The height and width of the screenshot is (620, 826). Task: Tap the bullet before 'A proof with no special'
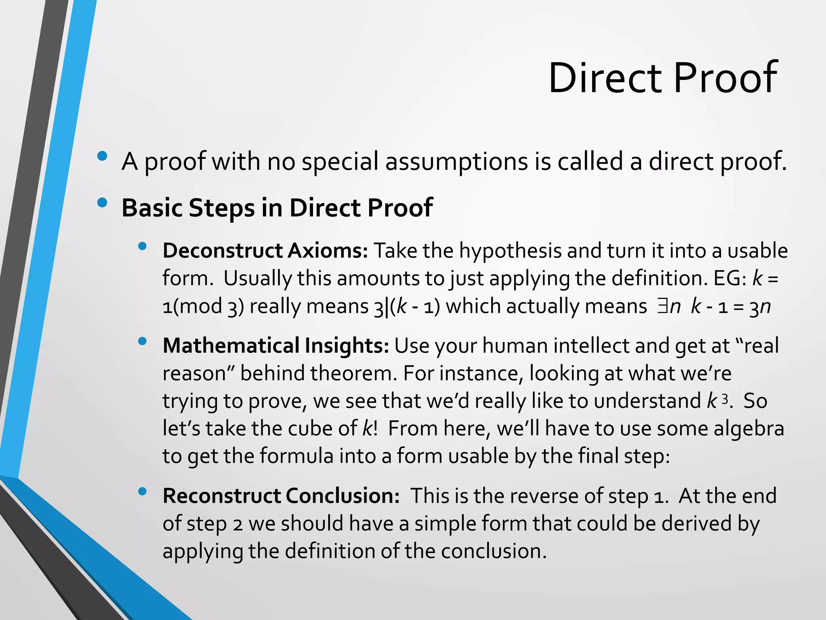click(x=102, y=156)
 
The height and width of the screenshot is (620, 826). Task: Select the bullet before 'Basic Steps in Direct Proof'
click(x=102, y=203)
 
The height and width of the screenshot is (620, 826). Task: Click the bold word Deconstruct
click(x=222, y=251)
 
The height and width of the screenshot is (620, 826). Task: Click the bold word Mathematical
click(x=231, y=346)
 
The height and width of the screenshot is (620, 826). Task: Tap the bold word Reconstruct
click(x=221, y=496)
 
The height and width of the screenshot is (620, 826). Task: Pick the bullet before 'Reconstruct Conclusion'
click(x=142, y=491)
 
